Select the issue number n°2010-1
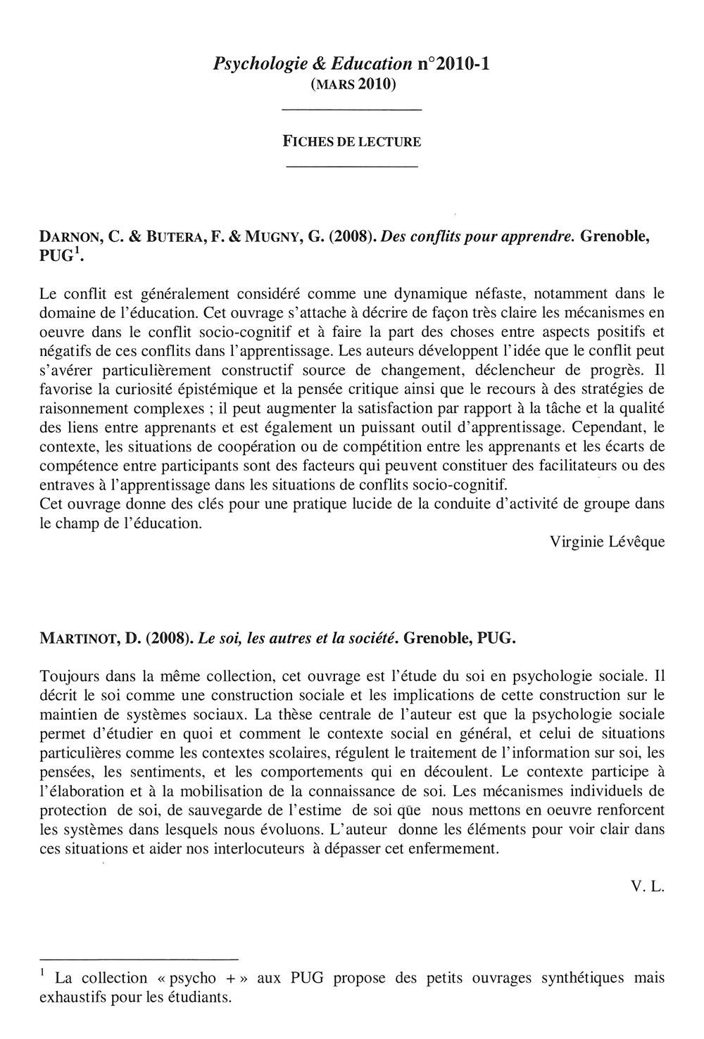(453, 64)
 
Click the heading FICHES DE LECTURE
(351, 141)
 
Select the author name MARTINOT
(84, 639)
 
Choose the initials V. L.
(648, 886)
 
